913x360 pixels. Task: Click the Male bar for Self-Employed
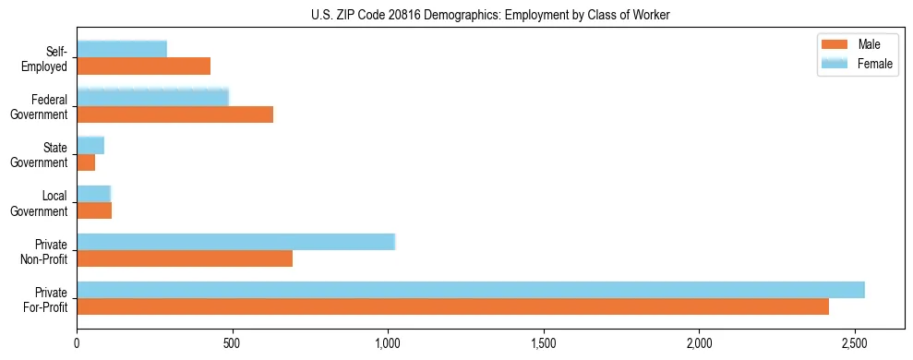point(144,66)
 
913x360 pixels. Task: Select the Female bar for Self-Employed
point(122,50)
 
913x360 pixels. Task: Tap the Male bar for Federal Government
point(175,114)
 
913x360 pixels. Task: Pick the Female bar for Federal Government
point(152,98)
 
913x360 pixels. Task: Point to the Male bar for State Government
point(86,162)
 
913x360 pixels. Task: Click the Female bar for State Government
point(90,146)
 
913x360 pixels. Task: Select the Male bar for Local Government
point(94,210)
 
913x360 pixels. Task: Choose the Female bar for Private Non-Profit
point(235,242)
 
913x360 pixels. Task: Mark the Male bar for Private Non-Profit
point(185,258)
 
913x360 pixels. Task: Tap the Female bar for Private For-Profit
point(471,290)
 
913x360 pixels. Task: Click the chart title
point(491,13)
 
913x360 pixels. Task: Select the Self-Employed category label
point(51,58)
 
